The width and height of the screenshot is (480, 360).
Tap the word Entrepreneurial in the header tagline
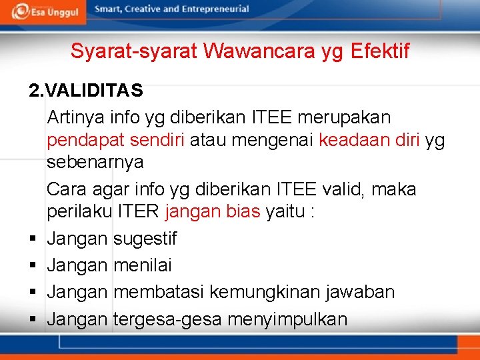(x=214, y=9)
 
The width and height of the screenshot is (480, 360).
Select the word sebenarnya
(x=95, y=162)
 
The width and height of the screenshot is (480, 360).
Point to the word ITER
(x=138, y=213)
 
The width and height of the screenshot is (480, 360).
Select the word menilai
(x=143, y=265)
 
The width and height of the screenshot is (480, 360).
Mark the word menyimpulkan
(x=287, y=319)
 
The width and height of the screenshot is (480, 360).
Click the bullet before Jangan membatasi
(x=32, y=292)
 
